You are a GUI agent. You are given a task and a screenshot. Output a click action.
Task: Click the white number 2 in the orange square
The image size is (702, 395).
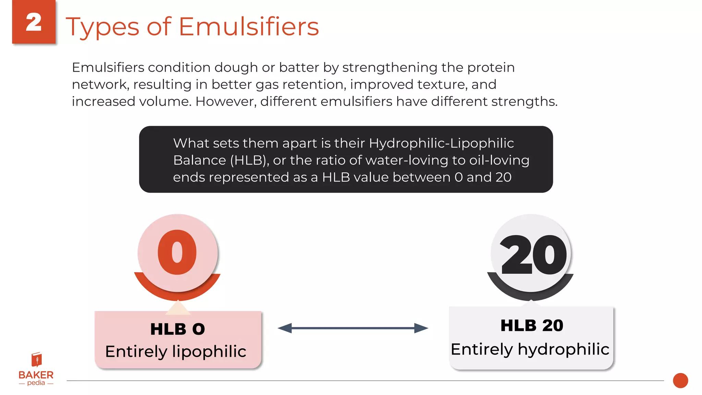point(34,23)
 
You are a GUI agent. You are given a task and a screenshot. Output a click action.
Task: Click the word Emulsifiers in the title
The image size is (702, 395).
point(249,26)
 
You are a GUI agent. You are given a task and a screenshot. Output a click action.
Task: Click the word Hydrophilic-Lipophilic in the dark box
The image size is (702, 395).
point(441,143)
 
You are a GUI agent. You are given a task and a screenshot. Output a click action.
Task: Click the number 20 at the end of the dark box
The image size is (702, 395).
point(503,177)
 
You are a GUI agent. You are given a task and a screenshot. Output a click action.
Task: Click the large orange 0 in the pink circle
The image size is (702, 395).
point(177,252)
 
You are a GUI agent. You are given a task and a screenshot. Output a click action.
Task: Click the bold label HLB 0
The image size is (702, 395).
point(178,329)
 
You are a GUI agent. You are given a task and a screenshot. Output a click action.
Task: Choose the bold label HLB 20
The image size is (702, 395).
point(532,325)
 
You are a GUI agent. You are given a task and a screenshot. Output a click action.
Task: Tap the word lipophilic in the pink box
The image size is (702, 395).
point(209,351)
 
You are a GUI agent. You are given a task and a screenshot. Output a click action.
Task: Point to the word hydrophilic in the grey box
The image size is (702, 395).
point(564,349)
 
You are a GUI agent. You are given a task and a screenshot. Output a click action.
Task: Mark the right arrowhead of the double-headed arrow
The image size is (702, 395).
point(421,328)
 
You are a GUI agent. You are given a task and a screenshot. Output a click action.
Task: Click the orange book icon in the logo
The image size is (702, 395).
point(36,360)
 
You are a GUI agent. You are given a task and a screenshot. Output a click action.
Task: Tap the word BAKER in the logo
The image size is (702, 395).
point(36,375)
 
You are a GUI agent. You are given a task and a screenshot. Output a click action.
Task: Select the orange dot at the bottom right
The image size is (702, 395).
point(680,381)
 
